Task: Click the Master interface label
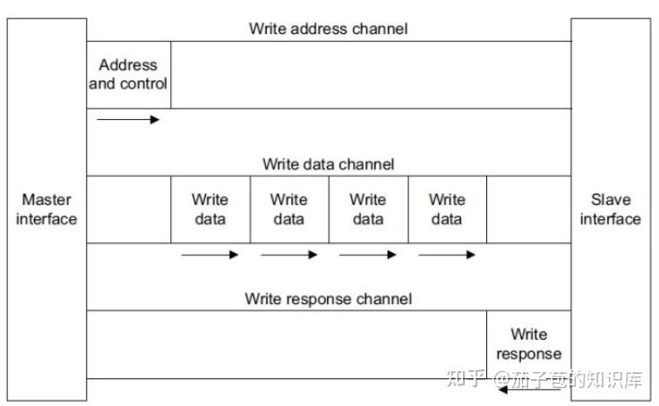point(47,209)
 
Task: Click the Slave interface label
point(611,209)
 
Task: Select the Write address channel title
point(328,29)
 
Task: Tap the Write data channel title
point(328,165)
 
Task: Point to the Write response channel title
point(328,300)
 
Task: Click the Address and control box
point(128,74)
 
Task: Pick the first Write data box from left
point(210,209)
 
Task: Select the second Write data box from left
point(288,209)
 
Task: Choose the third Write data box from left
point(367,209)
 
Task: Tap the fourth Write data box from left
point(447,209)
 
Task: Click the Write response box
point(528,344)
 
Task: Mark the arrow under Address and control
point(127,119)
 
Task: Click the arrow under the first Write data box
point(210,255)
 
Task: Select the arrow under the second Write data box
point(288,255)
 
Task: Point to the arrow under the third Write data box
point(367,255)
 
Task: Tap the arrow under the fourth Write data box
point(447,255)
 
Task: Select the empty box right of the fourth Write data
point(528,209)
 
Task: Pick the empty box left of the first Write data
point(128,209)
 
